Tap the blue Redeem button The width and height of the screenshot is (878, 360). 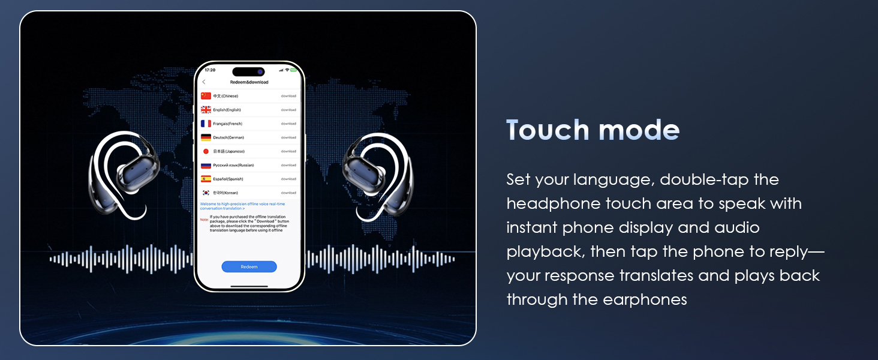coord(249,267)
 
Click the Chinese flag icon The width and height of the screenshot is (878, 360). coord(206,96)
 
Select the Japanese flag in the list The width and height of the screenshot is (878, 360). coord(206,151)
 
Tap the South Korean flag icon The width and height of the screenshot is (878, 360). coord(206,193)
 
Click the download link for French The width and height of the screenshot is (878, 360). coord(288,124)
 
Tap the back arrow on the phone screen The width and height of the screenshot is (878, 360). coord(204,82)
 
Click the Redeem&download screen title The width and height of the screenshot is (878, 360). coord(249,82)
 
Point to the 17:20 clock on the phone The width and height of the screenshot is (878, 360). coord(210,70)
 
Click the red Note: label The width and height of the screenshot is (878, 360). coord(205,220)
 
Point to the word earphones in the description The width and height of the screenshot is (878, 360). coord(649,299)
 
